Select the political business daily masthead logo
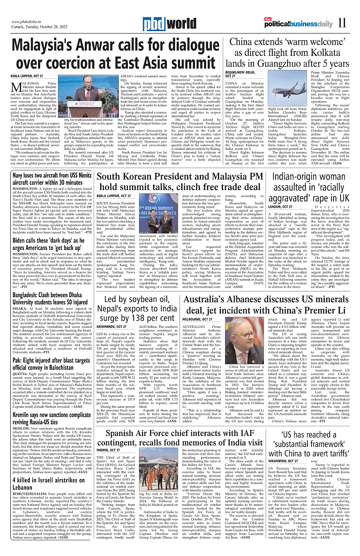[x=298, y=23]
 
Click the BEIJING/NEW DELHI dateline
[x=240, y=74]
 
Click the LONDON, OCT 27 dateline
[x=280, y=206]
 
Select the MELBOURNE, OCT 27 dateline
[x=197, y=319]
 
